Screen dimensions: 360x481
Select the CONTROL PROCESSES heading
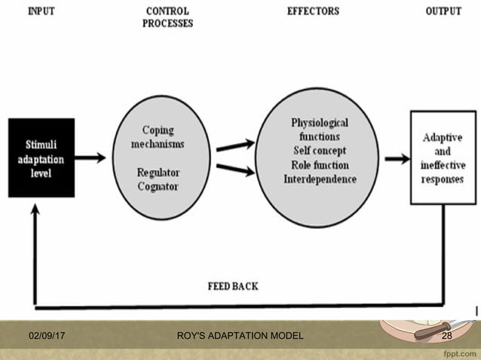(x=167, y=17)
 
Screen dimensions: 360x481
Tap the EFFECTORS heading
(x=313, y=11)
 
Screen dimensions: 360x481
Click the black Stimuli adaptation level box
(x=41, y=157)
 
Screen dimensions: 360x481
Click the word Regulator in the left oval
(x=158, y=172)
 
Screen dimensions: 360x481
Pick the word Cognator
(x=158, y=186)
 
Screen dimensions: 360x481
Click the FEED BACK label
(x=234, y=286)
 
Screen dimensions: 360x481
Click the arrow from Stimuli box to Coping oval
(x=90, y=158)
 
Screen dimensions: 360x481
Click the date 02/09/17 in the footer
(x=47, y=335)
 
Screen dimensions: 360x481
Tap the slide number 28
(x=446, y=335)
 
